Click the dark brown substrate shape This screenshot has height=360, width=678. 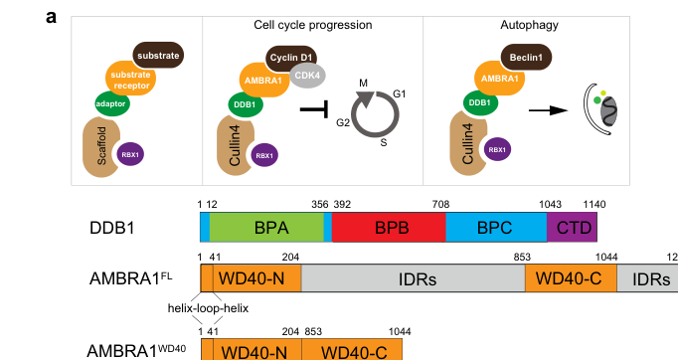point(158,55)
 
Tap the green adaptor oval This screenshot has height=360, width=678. point(112,103)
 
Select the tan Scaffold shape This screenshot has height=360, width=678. point(100,145)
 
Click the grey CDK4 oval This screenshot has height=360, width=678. point(307,76)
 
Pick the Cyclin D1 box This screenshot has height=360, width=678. point(291,58)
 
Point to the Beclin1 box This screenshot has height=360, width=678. point(526,57)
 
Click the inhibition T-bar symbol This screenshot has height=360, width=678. point(315,109)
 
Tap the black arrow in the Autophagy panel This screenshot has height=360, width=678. point(549,110)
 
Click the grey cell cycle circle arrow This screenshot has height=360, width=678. point(375,114)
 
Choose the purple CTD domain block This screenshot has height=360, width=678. point(572,227)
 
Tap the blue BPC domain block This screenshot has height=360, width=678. point(496,227)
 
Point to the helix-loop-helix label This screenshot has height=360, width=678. point(208,308)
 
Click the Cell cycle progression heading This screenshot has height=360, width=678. point(312,25)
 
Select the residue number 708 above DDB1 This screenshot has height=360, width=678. point(440,204)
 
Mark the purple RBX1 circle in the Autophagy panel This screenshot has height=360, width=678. point(497,150)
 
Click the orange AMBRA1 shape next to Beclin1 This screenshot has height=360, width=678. point(499,78)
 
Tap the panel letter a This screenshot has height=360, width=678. point(51,18)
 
